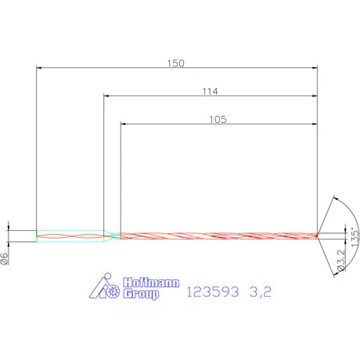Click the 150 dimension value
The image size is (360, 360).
click(177, 63)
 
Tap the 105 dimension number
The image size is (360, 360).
click(218, 119)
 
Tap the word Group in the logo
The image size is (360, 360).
click(141, 295)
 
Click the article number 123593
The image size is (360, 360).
click(211, 293)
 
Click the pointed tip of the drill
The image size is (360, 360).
click(318, 235)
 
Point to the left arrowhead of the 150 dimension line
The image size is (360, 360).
click(41, 70)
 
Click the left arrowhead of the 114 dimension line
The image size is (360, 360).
click(107, 97)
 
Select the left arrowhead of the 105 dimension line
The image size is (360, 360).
click(124, 124)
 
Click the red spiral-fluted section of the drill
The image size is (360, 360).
click(219, 235)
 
